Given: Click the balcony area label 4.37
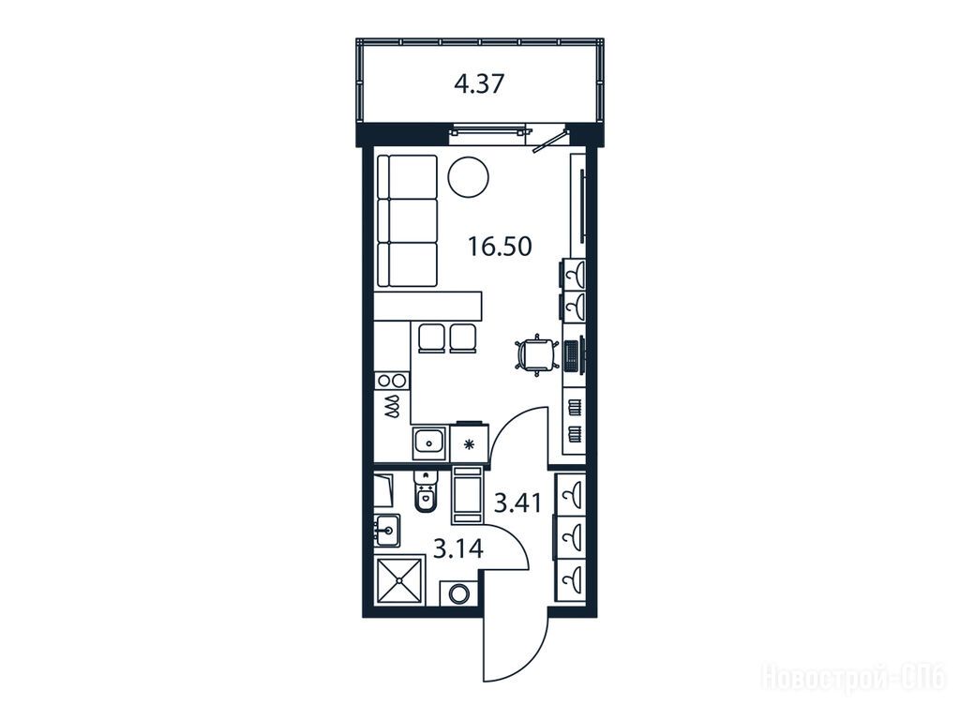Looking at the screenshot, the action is (x=479, y=83).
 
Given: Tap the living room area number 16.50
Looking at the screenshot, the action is (x=500, y=247).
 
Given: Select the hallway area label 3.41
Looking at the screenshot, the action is (x=517, y=503).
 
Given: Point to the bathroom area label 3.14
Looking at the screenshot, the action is (x=457, y=549).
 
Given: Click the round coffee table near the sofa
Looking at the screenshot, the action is (x=469, y=177).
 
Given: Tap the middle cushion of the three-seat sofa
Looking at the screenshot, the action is (x=407, y=220).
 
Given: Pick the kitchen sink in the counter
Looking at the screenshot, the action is (x=429, y=442).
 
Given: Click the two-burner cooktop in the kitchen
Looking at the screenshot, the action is (x=392, y=381).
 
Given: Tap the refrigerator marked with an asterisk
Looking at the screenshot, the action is (x=470, y=443).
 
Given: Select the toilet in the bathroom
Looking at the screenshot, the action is (x=425, y=493).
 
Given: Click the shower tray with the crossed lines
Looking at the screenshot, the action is (x=399, y=580).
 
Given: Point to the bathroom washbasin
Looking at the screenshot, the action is (x=386, y=531).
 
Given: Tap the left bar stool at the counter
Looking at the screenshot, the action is (x=432, y=338).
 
